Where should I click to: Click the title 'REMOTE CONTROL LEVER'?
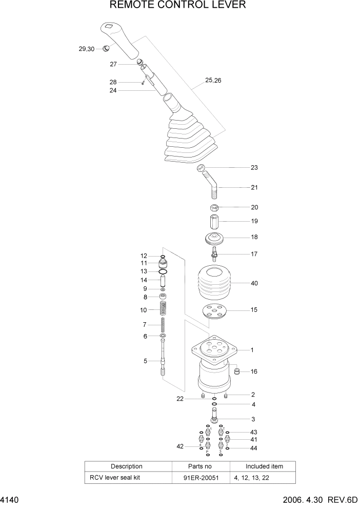pyautogui.click(x=178, y=6)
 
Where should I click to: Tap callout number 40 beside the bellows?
pyautogui.click(x=254, y=283)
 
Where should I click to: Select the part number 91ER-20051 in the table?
pyautogui.click(x=201, y=477)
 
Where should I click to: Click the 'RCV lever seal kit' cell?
pyautogui.click(x=119, y=477)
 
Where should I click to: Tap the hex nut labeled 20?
pyautogui.click(x=214, y=208)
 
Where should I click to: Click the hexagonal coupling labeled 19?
pyautogui.click(x=214, y=223)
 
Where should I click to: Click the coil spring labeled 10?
pyautogui.click(x=163, y=309)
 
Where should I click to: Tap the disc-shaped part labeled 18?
pyautogui.click(x=214, y=239)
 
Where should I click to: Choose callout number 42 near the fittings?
pyautogui.click(x=181, y=446)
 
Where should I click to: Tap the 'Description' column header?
pyautogui.click(x=126, y=466)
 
